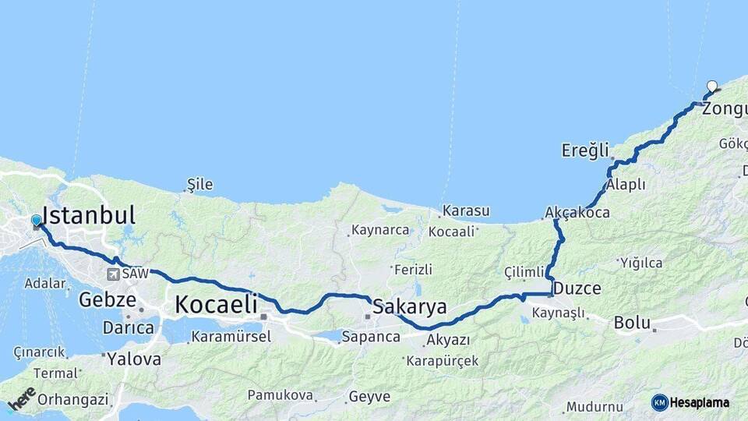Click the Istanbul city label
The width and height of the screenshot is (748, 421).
(89, 215)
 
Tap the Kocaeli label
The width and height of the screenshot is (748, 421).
(216, 305)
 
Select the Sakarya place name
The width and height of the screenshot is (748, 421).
(410, 306)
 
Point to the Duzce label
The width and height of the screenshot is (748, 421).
(577, 288)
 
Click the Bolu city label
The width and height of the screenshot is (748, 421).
(632, 322)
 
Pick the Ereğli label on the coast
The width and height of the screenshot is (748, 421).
(584, 150)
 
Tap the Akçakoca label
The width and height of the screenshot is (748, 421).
(577, 212)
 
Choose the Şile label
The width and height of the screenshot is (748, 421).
(200, 185)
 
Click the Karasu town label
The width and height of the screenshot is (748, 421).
(466, 210)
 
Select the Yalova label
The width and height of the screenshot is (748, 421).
(134, 359)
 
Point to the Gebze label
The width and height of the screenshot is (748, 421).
(108, 299)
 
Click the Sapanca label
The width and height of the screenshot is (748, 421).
(371, 337)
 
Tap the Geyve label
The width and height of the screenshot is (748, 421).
(369, 396)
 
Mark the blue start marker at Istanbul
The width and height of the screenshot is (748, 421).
(37, 221)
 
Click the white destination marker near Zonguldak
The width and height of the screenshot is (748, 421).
(712, 87)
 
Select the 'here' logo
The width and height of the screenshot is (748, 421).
(22, 398)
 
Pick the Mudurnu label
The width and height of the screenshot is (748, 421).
(595, 406)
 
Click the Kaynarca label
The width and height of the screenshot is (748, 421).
(380, 230)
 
